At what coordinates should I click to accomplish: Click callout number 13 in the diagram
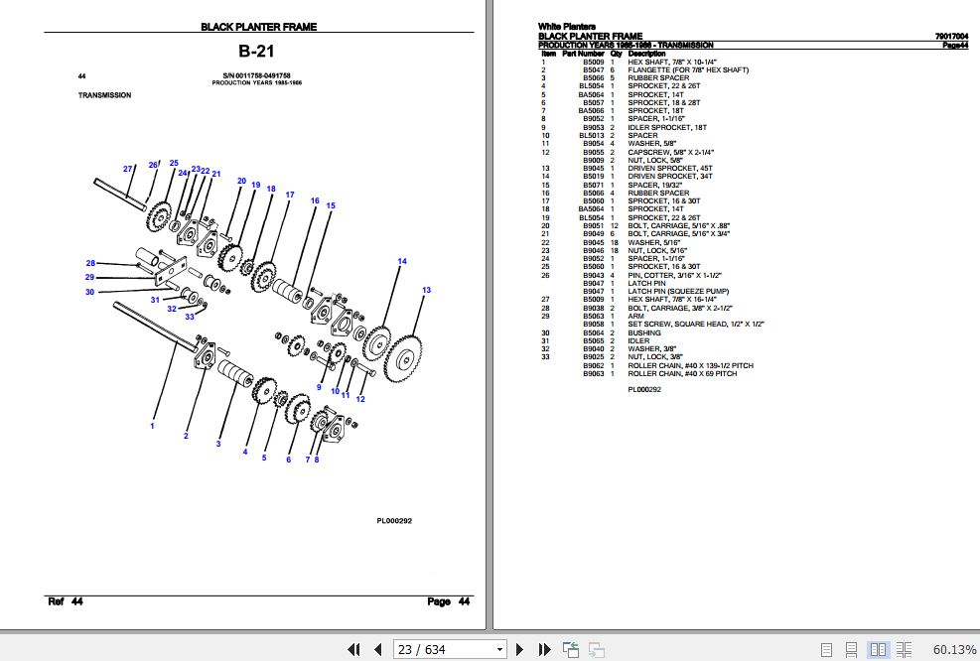pos(426,290)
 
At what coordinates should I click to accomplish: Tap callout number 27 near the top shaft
pos(128,169)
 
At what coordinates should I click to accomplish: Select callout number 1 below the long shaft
pos(152,426)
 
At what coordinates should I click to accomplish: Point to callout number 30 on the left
pos(89,292)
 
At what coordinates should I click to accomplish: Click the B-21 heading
pos(258,51)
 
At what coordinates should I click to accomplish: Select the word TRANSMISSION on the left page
pos(104,96)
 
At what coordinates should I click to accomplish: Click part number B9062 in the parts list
pos(593,366)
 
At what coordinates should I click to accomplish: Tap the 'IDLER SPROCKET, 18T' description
pos(667,128)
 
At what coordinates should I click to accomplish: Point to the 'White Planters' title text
pos(566,27)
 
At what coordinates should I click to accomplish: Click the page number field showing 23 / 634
pos(449,649)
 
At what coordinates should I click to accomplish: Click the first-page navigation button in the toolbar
pos(353,649)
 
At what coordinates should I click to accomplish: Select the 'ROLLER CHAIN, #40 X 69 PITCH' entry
pos(682,374)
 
